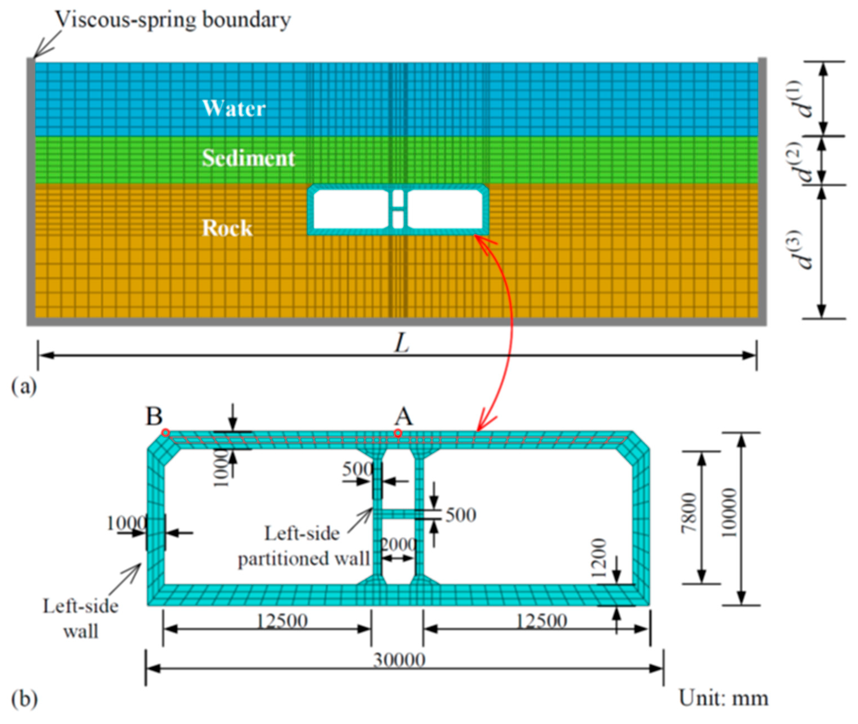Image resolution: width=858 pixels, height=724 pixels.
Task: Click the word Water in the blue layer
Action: pos(234,108)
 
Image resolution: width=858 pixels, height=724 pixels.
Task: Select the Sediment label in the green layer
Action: pos(248,158)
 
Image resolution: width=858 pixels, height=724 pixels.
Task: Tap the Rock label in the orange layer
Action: pos(227,228)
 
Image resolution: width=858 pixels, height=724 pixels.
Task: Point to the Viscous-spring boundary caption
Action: pos(173,19)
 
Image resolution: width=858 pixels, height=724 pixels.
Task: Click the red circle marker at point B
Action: pos(165,433)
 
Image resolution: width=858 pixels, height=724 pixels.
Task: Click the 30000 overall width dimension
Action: pos(399,660)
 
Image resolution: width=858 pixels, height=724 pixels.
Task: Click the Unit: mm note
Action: pos(723,698)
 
